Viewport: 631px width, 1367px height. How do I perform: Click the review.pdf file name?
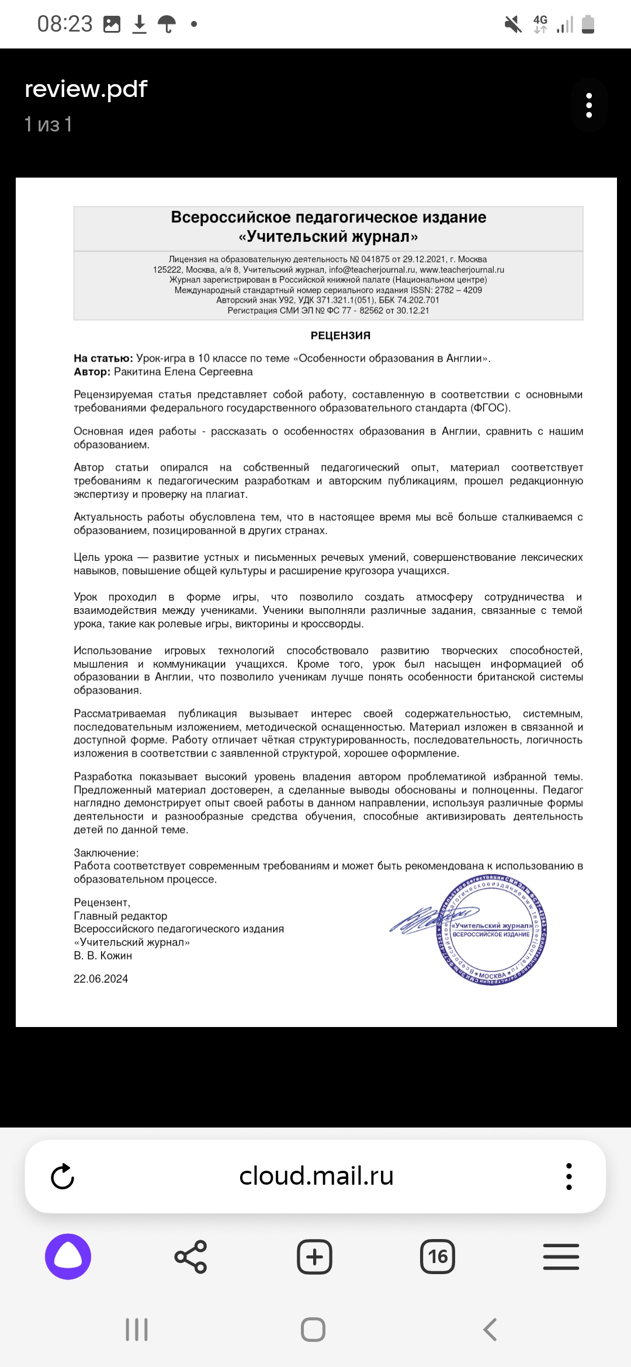point(86,89)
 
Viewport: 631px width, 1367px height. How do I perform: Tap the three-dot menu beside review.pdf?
point(589,105)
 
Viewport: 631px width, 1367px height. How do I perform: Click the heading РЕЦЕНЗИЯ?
point(340,336)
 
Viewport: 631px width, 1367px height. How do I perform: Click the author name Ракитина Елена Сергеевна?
point(183,372)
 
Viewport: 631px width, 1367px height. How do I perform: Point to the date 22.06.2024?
point(100,979)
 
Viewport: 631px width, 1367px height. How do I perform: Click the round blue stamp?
point(492,929)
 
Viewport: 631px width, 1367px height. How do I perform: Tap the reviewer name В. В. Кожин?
point(103,956)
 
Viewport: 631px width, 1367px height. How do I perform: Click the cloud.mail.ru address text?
point(316,1176)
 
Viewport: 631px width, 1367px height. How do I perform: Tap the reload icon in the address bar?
point(63,1177)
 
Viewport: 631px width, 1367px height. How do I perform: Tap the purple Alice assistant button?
point(68,1257)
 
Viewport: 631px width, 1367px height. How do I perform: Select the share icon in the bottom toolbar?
point(190,1257)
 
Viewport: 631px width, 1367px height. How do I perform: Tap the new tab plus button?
point(314,1257)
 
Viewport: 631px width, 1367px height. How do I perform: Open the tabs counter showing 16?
point(438,1257)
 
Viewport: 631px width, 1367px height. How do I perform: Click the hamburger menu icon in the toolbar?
point(561,1257)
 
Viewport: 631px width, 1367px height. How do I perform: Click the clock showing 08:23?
point(65,24)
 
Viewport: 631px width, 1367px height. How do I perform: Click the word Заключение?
point(106,853)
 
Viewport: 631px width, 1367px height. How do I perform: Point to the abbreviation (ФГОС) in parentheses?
point(490,408)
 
